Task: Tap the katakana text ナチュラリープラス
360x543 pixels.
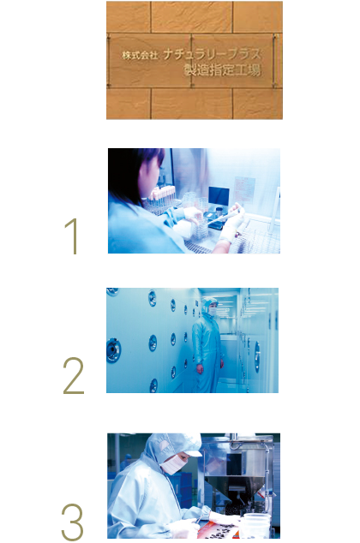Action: [212, 54]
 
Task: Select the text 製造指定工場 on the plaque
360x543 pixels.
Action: [222, 70]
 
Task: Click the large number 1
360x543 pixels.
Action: [72, 237]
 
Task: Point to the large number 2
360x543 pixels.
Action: [74, 376]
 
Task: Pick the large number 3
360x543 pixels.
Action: [72, 522]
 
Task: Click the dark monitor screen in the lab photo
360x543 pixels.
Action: [219, 195]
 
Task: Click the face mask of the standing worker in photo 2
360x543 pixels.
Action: [212, 312]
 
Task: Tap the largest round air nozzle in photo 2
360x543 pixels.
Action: [113, 350]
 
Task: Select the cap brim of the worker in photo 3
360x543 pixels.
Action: [193, 453]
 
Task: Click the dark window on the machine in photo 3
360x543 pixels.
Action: [234, 464]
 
